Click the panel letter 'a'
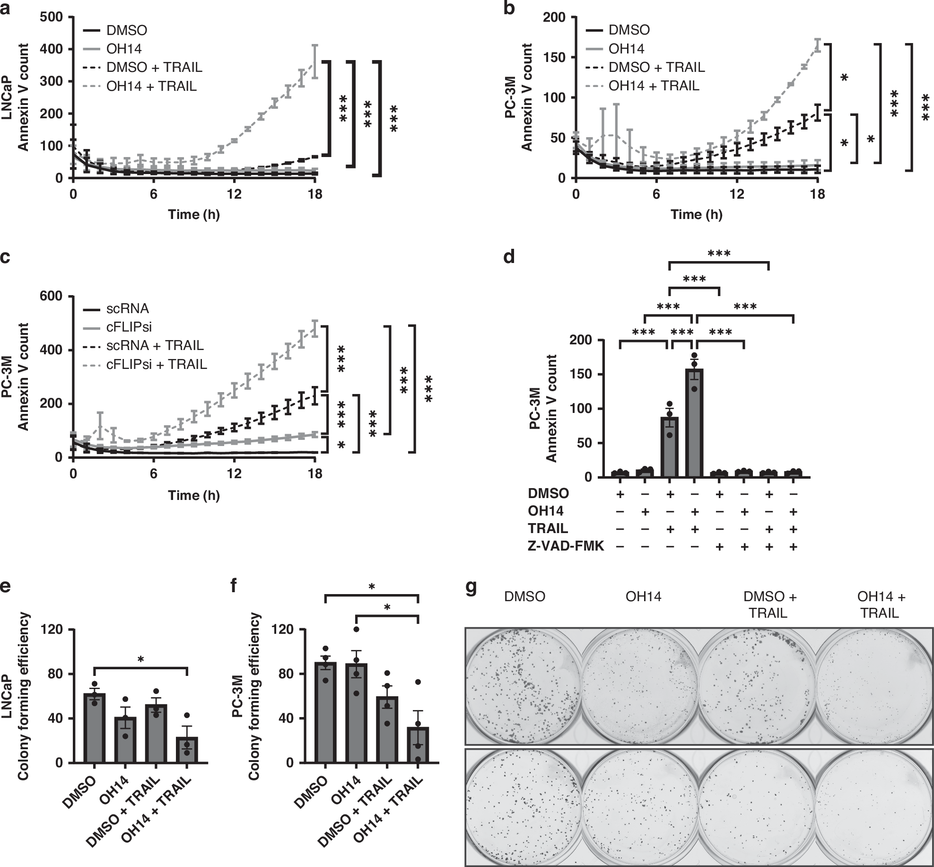6,8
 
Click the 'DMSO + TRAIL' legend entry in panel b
656,67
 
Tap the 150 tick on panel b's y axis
558,57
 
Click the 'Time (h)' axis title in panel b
696,215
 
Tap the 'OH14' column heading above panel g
643,597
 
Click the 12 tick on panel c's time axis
234,473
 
